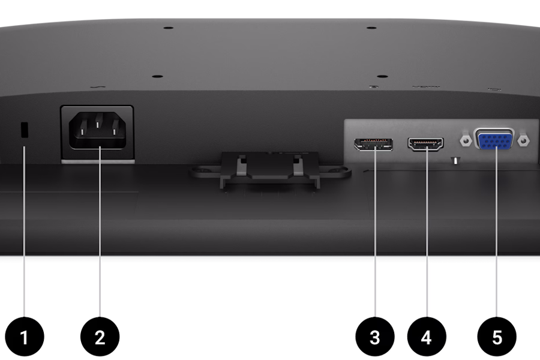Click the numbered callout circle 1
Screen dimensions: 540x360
25,337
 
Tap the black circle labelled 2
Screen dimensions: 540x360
100,337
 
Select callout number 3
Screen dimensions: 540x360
375,337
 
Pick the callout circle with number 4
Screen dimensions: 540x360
427,337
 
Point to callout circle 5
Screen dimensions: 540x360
497,337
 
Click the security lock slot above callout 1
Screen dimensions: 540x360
25,130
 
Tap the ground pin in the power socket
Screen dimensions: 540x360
97,121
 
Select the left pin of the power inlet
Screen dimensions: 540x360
82,131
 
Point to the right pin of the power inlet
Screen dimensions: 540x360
115,131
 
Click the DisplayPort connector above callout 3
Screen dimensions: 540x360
374,145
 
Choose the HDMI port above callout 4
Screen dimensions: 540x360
425,144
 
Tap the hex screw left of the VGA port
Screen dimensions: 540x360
466,140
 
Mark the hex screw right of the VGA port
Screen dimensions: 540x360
523,140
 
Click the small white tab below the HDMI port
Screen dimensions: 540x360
455,161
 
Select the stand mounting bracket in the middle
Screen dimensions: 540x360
271,170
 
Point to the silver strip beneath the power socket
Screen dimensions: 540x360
98,161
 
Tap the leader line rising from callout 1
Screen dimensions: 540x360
24,232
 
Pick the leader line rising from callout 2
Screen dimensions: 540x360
100,232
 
